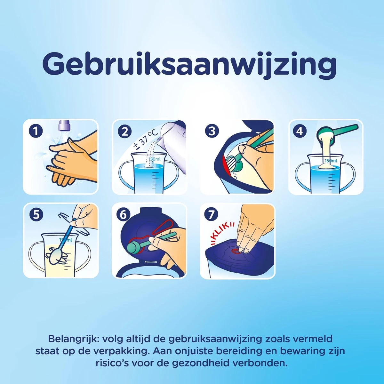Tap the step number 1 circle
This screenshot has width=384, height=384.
36,132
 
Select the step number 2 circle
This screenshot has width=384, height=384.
125,132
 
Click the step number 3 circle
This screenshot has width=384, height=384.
212,131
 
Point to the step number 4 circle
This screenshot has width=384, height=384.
300,132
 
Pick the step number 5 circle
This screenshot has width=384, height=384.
36,215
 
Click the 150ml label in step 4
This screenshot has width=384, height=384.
331,160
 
